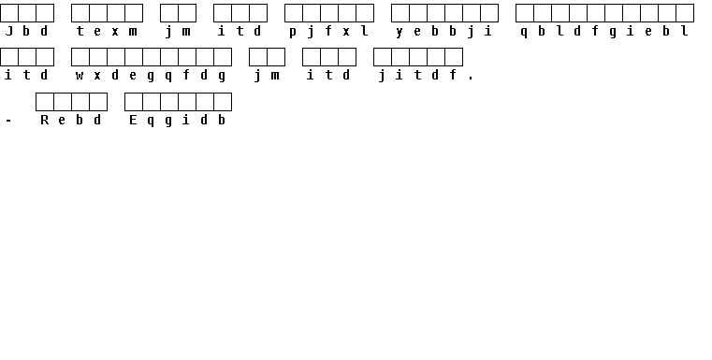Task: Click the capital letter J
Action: click(x=8, y=31)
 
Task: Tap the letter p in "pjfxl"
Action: click(x=293, y=32)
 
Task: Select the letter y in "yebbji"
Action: click(x=400, y=32)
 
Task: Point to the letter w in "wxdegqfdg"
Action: click(x=80, y=76)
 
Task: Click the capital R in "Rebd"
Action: click(x=44, y=120)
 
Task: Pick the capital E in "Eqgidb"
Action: click(x=133, y=120)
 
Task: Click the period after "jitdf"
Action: click(x=471, y=79)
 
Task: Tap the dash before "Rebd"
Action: click(x=8, y=121)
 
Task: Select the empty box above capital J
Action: click(x=9, y=13)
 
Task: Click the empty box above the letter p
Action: click(x=294, y=13)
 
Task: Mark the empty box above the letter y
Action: click(x=400, y=13)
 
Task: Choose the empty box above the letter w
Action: click(x=80, y=57)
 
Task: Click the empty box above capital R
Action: click(x=45, y=102)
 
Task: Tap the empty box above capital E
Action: click(x=134, y=102)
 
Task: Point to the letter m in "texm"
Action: click(x=133, y=32)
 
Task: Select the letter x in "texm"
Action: click(x=115, y=32)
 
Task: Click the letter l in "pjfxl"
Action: click(x=364, y=31)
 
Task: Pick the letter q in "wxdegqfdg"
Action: click(x=168, y=77)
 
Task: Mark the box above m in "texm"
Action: click(x=134, y=13)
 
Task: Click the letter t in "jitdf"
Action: click(x=417, y=75)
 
